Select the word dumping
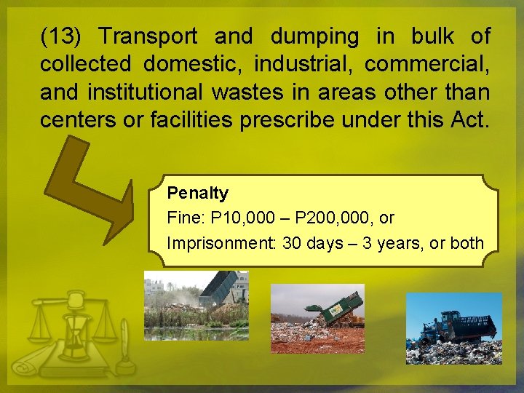click(314, 36)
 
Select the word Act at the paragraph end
click(472, 120)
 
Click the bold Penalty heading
click(197, 193)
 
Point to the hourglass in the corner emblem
click(74, 330)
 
